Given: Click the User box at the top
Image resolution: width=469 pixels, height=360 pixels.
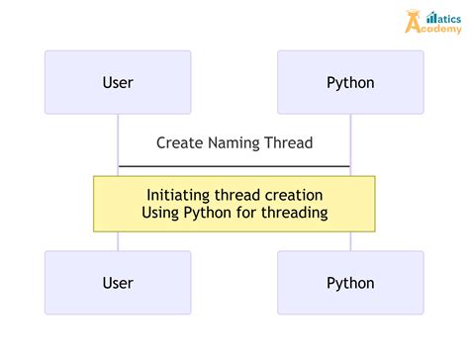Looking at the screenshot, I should click(x=118, y=82).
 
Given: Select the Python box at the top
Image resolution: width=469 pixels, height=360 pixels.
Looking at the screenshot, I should click(x=350, y=82).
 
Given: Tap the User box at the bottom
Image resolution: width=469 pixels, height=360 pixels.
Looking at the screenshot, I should click(x=118, y=283).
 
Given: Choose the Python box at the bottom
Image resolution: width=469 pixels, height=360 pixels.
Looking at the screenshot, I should click(x=350, y=283).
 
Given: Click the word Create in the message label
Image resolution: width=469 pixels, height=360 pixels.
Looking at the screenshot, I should click(x=178, y=143).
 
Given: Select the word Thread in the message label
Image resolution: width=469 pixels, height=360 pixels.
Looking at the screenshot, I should click(x=289, y=143).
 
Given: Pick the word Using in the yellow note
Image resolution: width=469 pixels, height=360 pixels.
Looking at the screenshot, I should click(x=160, y=213).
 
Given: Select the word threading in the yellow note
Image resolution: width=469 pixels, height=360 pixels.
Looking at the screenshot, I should click(x=293, y=213).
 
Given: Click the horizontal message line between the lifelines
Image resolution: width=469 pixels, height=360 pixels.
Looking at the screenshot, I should click(x=234, y=166).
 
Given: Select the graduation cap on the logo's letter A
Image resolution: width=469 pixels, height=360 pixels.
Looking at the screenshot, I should click(x=414, y=12).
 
